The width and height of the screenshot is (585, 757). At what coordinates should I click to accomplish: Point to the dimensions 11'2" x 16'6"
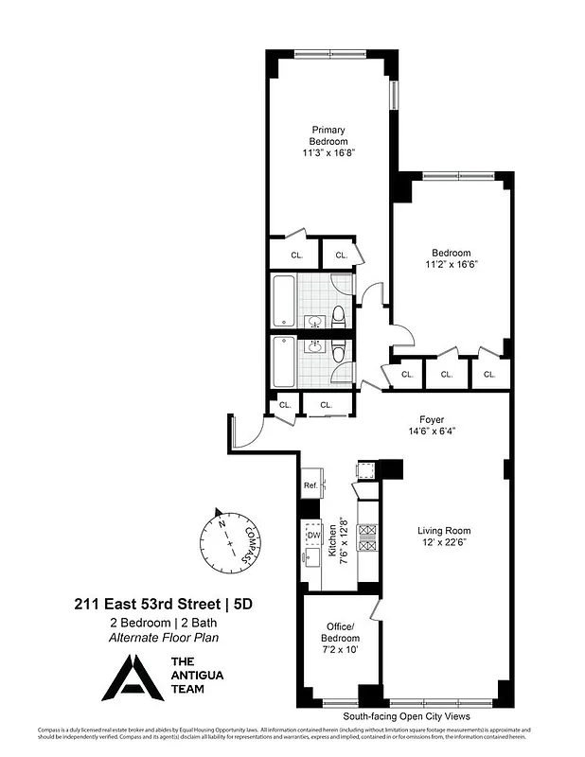pos(451,265)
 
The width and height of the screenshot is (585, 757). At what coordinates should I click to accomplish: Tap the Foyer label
pos(432,419)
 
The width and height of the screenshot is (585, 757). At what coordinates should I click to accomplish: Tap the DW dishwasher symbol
pos(313,536)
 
